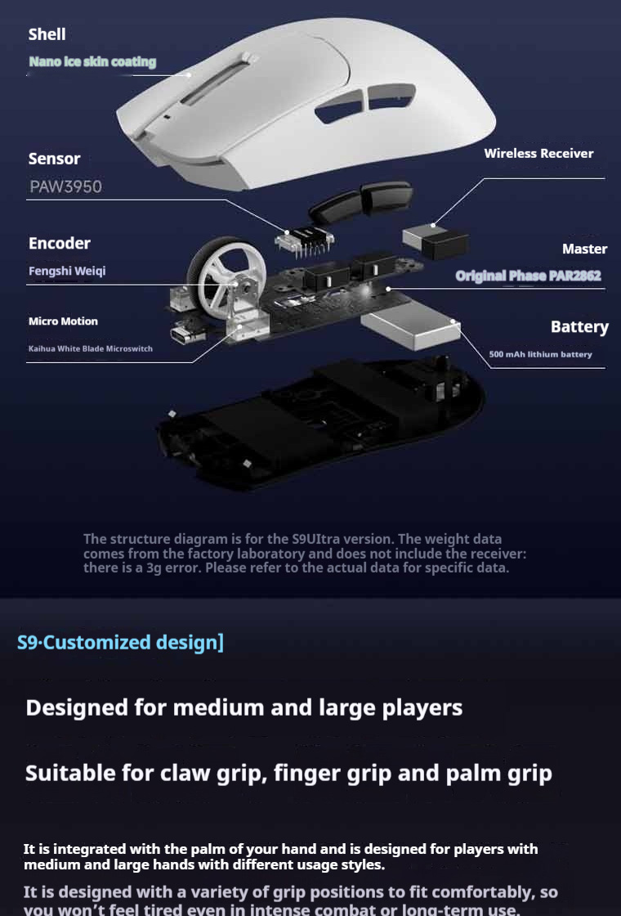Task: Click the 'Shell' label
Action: (47, 34)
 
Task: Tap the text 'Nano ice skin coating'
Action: (92, 62)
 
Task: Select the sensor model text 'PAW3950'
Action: (65, 186)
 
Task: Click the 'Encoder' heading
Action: (59, 243)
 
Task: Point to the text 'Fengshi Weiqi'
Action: (67, 271)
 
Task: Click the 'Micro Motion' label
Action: (63, 321)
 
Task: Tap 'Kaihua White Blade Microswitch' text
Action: (90, 349)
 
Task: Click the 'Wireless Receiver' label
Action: (538, 153)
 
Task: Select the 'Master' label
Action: (584, 249)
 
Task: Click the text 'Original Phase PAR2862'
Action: (528, 276)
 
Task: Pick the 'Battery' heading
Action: (579, 327)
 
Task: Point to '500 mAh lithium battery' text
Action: (540, 354)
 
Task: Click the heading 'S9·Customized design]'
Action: (120, 642)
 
